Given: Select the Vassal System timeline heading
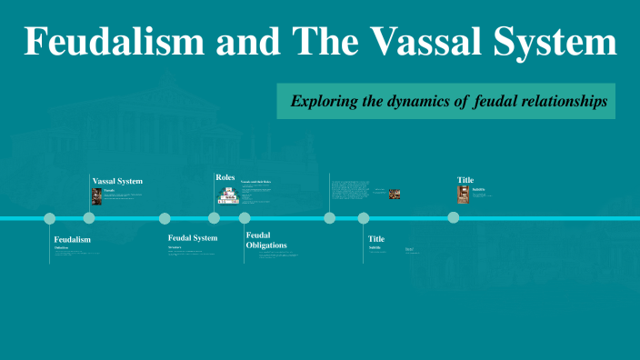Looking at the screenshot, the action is click(x=117, y=181).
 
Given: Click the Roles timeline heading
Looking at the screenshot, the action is click(x=225, y=176).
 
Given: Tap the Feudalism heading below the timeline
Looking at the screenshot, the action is click(x=73, y=239).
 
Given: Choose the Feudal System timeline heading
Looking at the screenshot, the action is click(x=193, y=238).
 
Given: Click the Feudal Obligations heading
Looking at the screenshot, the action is click(x=266, y=240).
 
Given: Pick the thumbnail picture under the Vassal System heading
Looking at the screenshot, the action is click(x=96, y=196).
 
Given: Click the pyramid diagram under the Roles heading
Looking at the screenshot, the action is click(x=227, y=195).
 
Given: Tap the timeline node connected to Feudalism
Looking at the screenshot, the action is click(x=50, y=218).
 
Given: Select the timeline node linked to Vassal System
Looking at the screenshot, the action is click(x=89, y=218).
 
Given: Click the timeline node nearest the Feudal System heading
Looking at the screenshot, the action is click(x=165, y=218).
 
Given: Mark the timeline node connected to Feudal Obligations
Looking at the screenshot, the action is click(x=245, y=218).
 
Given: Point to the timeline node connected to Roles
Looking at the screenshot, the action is click(x=215, y=218).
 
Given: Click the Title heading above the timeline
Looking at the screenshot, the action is click(x=465, y=180).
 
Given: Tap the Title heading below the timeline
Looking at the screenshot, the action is click(x=376, y=239).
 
